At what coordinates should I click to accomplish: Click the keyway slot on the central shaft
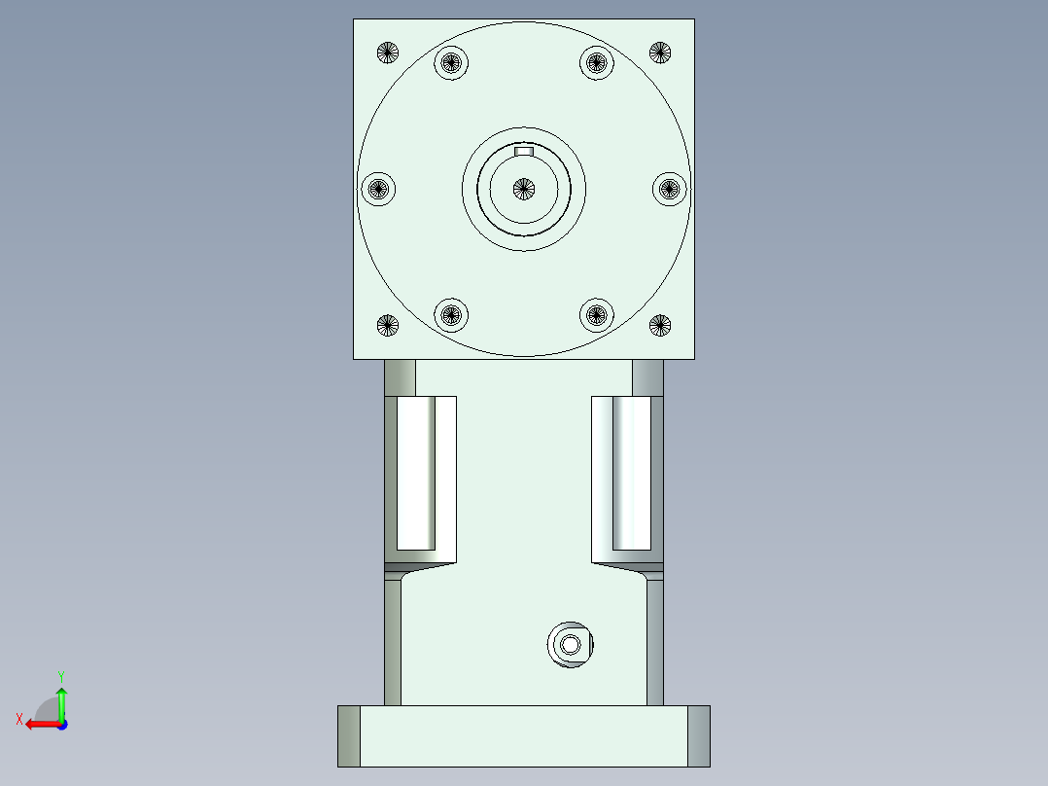pos(524,151)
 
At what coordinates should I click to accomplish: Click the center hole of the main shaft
pos(524,189)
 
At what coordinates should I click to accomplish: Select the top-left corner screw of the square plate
pos(388,53)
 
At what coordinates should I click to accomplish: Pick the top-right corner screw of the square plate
pos(660,53)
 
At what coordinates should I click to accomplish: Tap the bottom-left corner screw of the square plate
pos(388,325)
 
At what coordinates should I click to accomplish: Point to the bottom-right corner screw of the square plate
pos(660,325)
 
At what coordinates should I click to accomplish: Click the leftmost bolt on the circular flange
pos(378,189)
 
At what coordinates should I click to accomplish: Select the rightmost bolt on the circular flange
pos(669,189)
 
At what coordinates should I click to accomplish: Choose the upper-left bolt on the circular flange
pos(450,63)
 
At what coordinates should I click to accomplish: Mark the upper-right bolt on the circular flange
pos(597,63)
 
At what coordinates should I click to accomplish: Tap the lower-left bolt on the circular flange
pos(450,314)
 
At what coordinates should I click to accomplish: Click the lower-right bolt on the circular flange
pos(597,314)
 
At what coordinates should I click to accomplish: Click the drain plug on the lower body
pos(571,644)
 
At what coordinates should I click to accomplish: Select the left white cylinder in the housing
pos(415,474)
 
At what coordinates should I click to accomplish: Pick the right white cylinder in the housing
pos(631,474)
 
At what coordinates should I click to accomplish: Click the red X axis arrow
pos(37,724)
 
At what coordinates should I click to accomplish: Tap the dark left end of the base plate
pos(349,735)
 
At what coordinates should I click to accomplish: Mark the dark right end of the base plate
pos(699,735)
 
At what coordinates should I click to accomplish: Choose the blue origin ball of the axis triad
pos(61,724)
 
